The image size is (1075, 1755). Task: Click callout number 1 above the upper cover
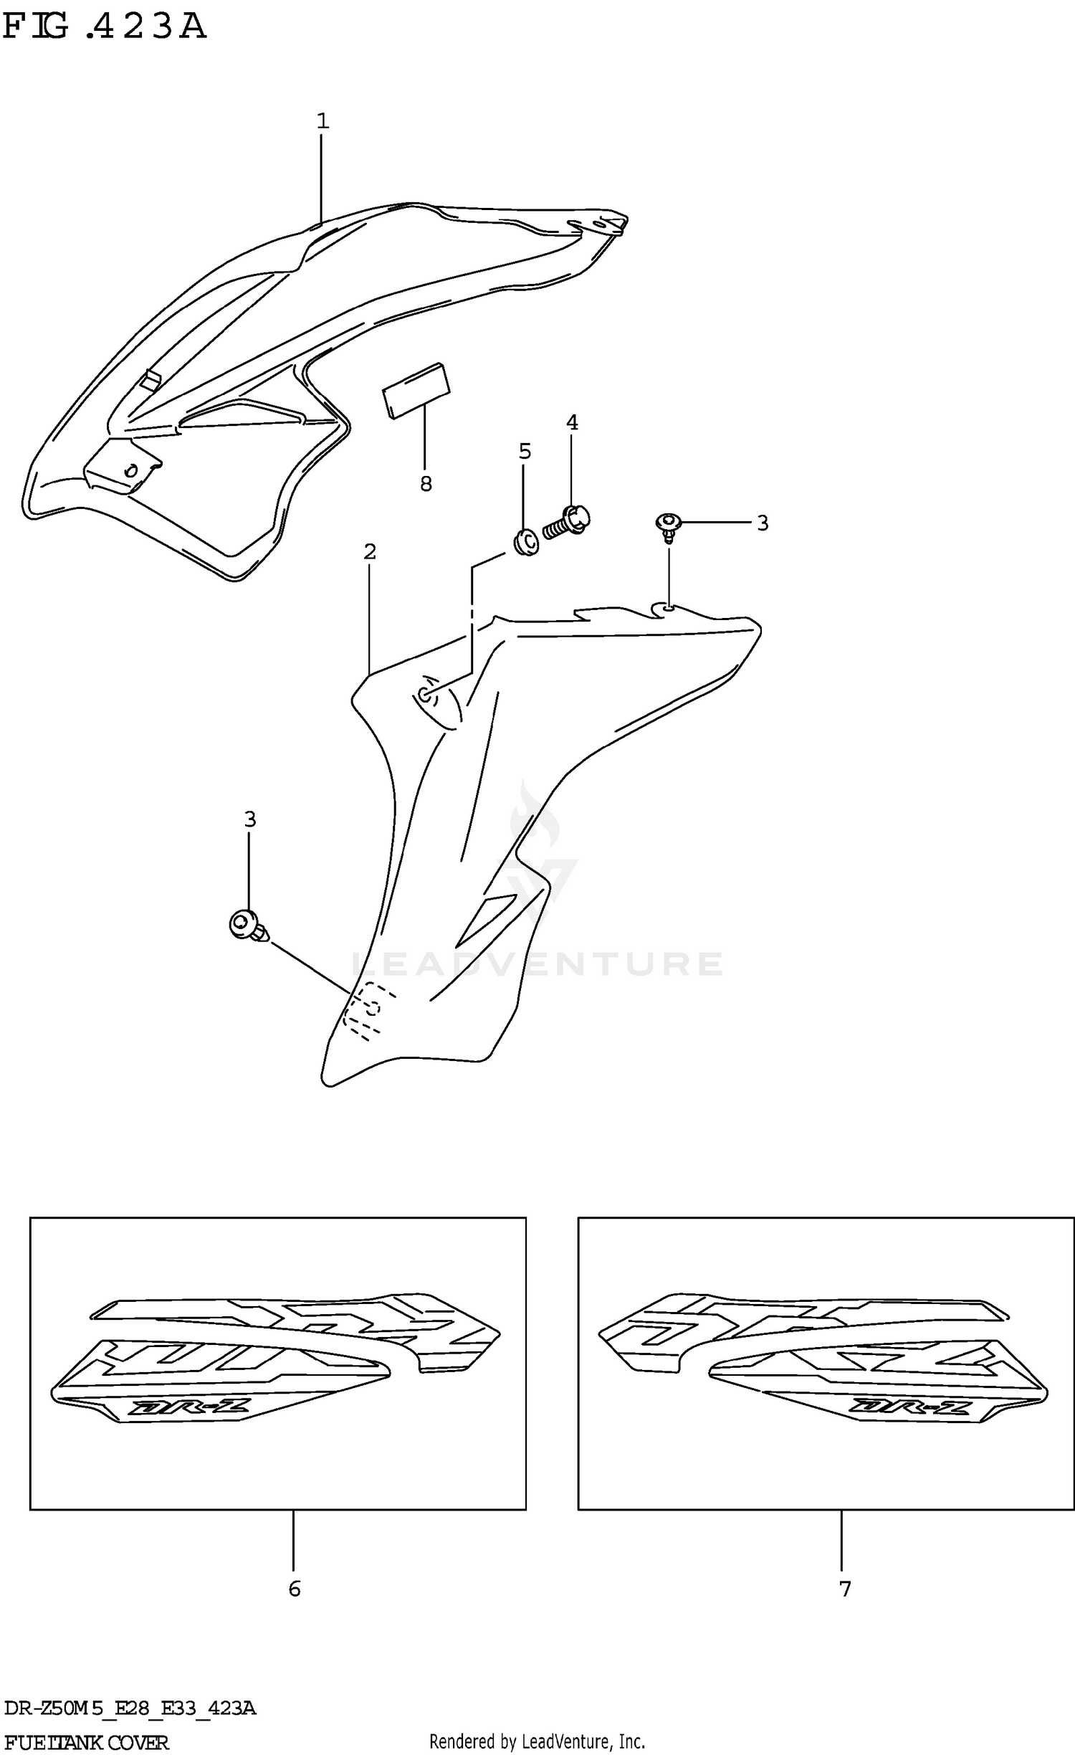coord(322,121)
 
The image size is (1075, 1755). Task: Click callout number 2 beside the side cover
coord(370,551)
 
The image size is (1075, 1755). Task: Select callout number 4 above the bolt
coord(572,423)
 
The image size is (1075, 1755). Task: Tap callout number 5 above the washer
coord(525,452)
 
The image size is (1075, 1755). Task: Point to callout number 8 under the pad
coord(426,485)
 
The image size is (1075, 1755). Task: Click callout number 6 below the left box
coord(294,1589)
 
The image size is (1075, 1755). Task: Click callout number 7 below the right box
coord(845,1589)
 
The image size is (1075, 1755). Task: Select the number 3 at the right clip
coord(763,523)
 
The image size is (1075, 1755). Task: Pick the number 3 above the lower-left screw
coord(249,819)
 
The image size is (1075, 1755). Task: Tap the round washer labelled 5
coord(526,543)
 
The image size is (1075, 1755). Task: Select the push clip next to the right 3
coord(667,525)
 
